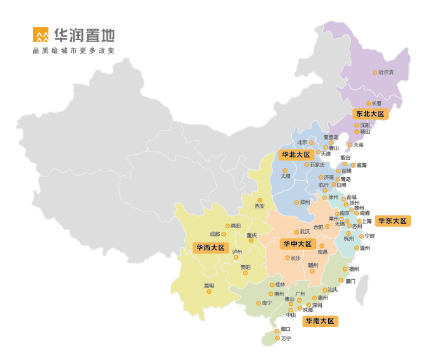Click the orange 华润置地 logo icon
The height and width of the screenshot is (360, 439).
click(41, 35)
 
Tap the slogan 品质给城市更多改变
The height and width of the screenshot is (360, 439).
click(74, 50)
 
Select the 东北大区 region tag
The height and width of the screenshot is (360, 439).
click(370, 113)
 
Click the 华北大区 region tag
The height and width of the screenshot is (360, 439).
click(295, 155)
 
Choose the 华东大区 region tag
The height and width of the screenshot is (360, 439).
click(392, 221)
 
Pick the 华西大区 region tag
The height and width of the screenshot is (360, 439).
click(210, 248)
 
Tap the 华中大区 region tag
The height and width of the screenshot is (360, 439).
click(298, 244)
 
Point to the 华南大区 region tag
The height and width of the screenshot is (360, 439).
click(320, 321)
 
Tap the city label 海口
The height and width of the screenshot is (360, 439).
click(286, 329)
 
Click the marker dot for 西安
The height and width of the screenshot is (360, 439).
click(260, 200)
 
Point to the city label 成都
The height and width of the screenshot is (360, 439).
click(215, 234)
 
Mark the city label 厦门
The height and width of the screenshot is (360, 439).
click(350, 280)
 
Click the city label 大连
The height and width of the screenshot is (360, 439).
click(358, 145)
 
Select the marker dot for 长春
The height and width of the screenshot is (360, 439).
click(368, 103)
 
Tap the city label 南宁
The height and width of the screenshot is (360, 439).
click(267, 303)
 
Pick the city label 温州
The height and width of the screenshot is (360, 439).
click(365, 248)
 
